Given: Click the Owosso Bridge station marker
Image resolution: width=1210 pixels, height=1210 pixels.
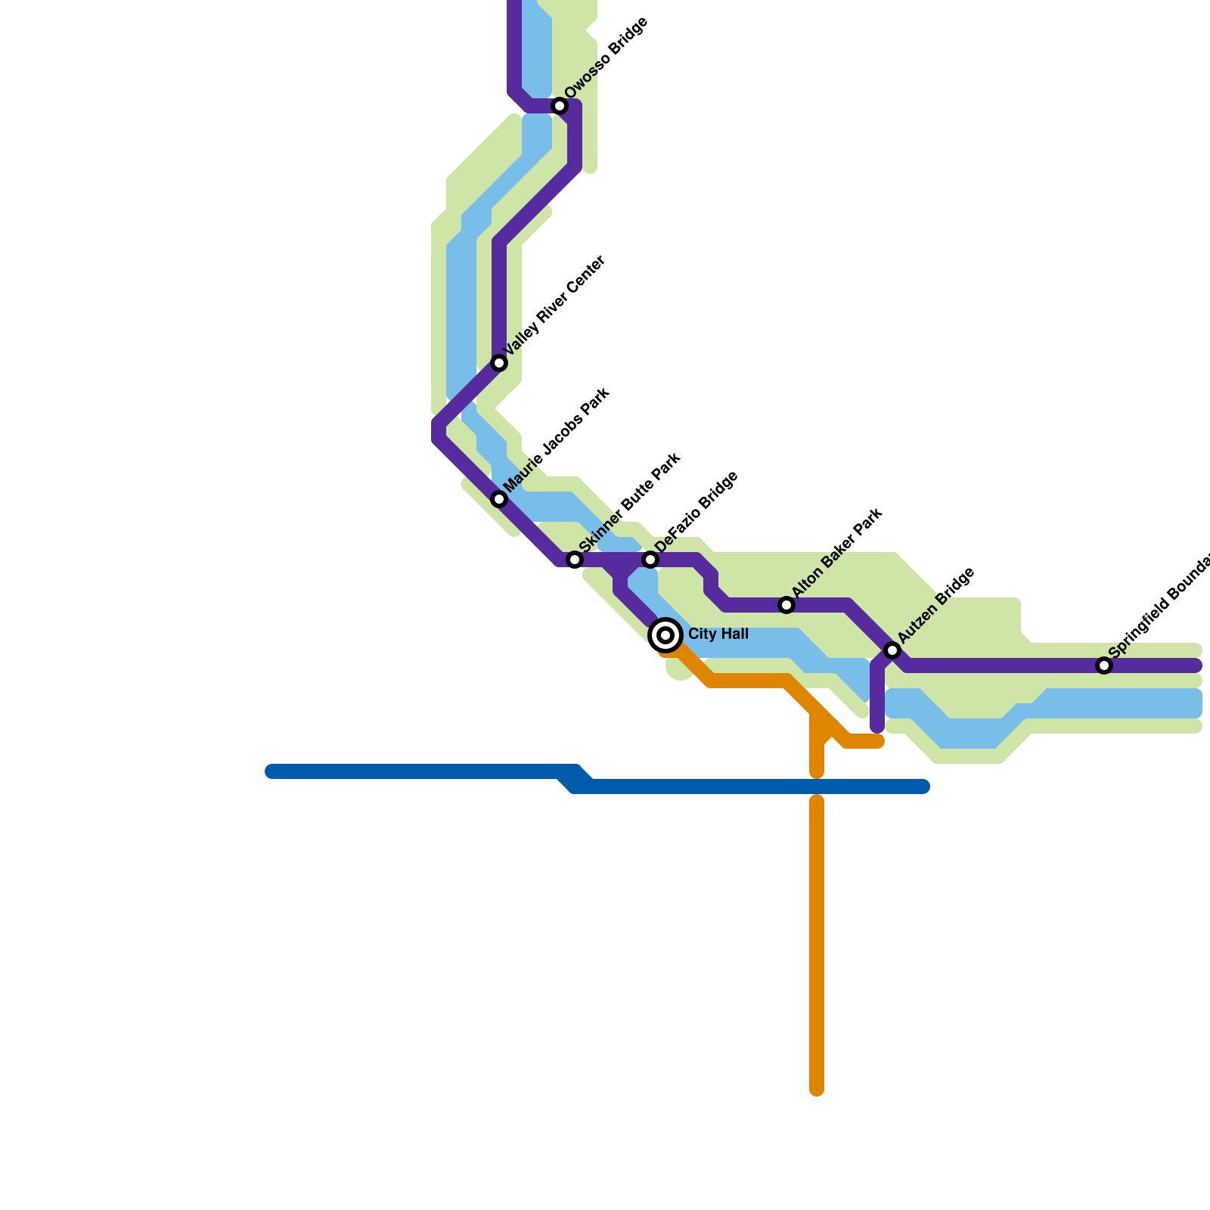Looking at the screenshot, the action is click(x=560, y=106).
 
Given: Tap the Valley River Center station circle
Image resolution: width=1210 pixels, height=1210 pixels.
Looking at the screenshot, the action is click(x=499, y=363).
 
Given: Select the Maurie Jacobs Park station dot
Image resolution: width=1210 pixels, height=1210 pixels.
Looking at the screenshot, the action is click(x=499, y=499).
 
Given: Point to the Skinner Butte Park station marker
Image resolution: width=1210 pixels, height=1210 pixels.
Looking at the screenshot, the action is click(x=575, y=560).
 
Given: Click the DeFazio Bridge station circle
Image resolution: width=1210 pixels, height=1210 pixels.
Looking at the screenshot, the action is click(x=650, y=560).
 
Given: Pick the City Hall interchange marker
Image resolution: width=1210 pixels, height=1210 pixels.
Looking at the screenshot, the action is click(x=665, y=635).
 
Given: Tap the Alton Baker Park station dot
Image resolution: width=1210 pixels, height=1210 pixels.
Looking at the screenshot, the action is click(x=786, y=605).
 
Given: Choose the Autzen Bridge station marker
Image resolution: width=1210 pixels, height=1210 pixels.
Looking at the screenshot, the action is click(x=892, y=650).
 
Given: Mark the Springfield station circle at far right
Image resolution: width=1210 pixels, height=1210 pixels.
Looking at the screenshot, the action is click(x=1104, y=665).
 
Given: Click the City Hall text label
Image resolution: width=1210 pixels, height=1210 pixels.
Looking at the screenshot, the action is click(x=718, y=634).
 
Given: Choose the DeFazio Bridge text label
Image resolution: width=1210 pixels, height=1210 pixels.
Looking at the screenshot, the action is click(x=697, y=512).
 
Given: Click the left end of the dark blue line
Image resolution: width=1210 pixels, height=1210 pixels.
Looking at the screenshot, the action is click(x=271, y=771).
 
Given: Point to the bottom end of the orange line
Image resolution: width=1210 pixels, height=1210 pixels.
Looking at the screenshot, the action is click(x=817, y=1090).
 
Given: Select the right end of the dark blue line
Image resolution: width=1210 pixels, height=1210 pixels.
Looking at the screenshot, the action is click(x=923, y=786).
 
